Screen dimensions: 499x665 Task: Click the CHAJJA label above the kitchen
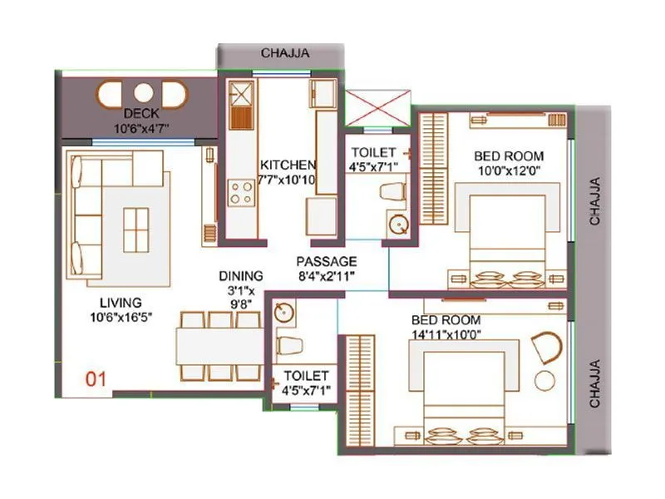tap(285, 52)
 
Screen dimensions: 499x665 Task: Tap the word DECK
tap(140, 114)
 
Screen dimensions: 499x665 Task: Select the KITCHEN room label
tap(287, 165)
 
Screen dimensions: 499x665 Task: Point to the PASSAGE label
tap(326, 261)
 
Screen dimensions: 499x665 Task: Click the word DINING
tap(241, 276)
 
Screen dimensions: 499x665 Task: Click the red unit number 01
tap(97, 380)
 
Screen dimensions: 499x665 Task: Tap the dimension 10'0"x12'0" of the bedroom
tap(509, 171)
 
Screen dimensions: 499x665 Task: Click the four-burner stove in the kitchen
tap(241, 193)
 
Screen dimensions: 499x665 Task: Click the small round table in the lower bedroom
tap(546, 381)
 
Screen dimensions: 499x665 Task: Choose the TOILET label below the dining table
tap(306, 376)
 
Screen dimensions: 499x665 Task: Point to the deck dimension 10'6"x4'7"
tap(141, 128)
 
